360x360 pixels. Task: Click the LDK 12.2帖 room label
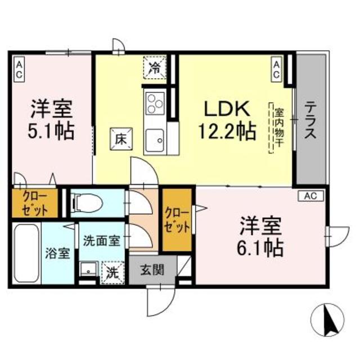coord(227,119)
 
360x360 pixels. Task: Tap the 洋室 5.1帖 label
coord(51,119)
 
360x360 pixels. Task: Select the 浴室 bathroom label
coord(58,253)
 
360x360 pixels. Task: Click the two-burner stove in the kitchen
coord(154,104)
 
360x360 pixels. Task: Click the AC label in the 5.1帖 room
coord(19,69)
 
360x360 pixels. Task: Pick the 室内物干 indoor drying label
coord(278,128)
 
